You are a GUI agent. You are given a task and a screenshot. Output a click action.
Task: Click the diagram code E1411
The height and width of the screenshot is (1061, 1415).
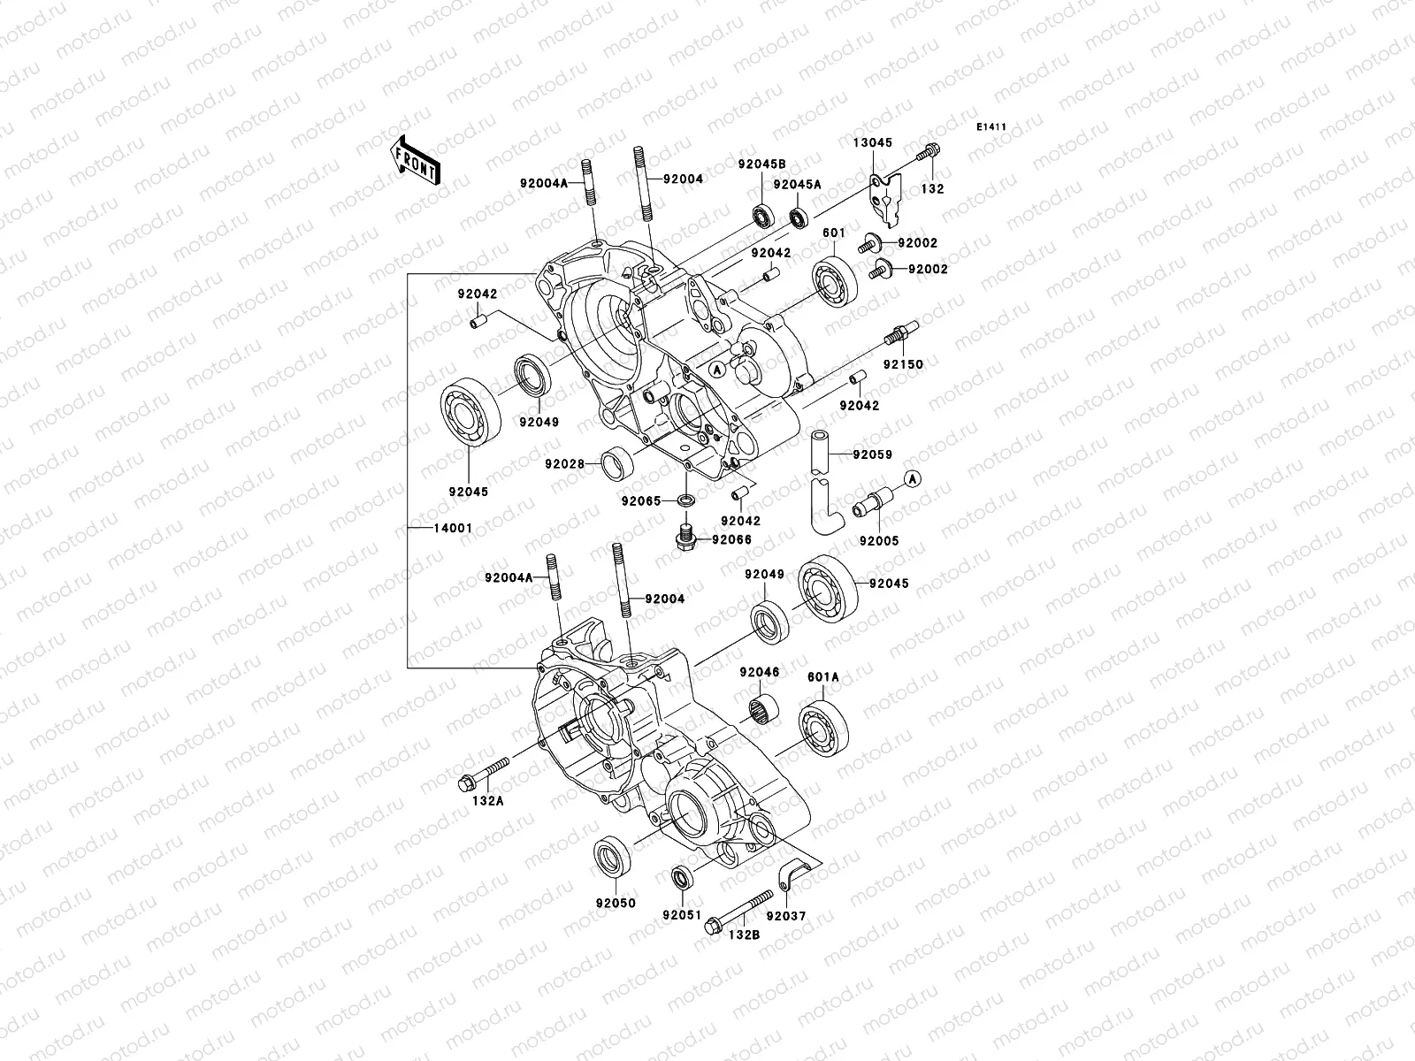(991, 128)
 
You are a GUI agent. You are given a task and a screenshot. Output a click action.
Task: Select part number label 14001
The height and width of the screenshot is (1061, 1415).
(453, 529)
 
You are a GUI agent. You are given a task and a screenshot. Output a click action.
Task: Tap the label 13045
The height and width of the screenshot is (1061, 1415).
(872, 142)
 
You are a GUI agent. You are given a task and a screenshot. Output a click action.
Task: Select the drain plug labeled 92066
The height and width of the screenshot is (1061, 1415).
(682, 535)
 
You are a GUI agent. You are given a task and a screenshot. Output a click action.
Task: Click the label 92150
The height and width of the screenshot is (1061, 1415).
(902, 364)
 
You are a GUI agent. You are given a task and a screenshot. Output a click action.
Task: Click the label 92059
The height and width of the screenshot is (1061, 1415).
(872, 455)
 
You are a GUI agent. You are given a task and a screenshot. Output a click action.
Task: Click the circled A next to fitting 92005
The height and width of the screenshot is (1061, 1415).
(914, 478)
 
